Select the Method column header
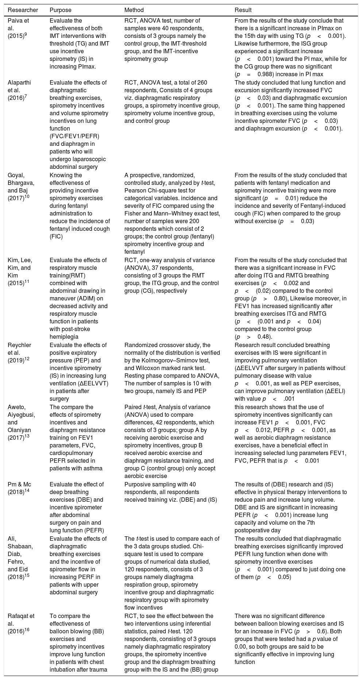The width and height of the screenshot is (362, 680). click(x=134, y=10)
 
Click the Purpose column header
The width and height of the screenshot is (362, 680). click(x=61, y=10)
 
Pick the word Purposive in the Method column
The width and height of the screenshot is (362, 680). click(x=138, y=485)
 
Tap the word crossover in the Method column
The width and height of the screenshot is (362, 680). click(x=165, y=345)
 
